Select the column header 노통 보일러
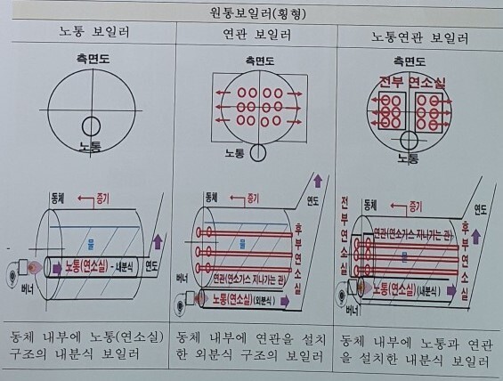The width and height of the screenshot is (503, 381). click(85, 33)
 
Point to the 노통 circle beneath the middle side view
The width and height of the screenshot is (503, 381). click(256, 152)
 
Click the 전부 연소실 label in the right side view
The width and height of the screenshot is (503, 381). click(411, 82)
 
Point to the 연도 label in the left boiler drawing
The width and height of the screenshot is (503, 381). click(151, 265)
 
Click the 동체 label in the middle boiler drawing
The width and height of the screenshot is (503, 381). click(211, 196)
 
